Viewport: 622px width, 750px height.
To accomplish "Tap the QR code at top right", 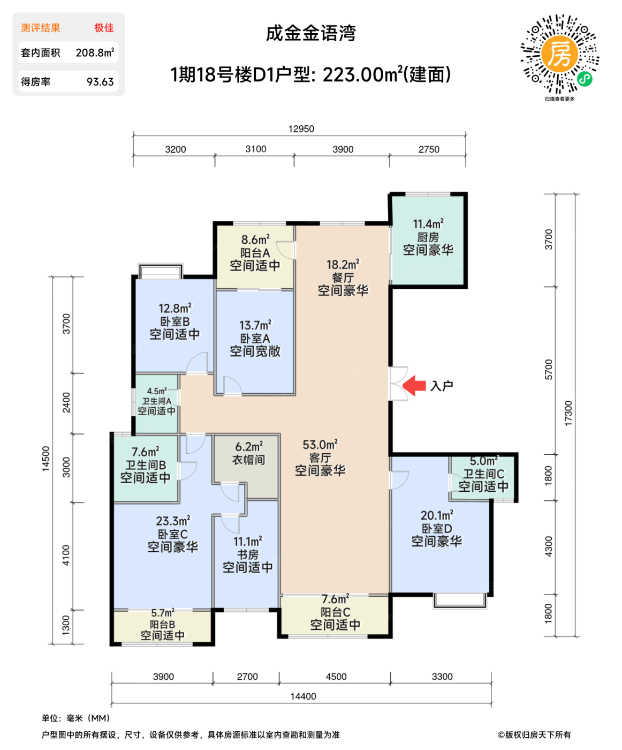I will coord(560,54).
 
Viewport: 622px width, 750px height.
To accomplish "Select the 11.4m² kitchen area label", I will coord(428,224).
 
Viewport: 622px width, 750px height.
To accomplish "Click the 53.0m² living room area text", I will coord(320,445).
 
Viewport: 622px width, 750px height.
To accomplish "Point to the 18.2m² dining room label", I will coord(343,265).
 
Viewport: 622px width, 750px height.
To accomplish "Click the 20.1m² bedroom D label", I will coord(437,515).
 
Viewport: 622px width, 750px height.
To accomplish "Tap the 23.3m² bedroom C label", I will coord(173,521).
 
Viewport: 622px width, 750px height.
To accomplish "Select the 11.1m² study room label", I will coord(248,542).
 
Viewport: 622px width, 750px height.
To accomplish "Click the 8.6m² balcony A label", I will coord(255,240).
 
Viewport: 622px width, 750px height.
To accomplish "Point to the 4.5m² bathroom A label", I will coord(157,392).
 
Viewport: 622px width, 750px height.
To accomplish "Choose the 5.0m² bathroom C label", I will coord(484,461).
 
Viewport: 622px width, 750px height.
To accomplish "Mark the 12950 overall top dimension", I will coord(301,129).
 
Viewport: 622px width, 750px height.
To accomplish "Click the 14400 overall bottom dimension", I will coord(303,696).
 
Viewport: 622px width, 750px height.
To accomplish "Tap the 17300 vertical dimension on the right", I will coord(568,413).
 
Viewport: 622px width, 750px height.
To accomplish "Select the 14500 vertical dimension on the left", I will coord(46,458).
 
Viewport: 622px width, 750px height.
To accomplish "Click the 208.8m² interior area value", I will coord(95,52).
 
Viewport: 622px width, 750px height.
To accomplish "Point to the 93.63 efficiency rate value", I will coord(100,82).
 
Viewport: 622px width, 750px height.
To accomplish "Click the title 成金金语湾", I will coord(311,33).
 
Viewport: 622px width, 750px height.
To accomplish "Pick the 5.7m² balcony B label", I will coord(163,612).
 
